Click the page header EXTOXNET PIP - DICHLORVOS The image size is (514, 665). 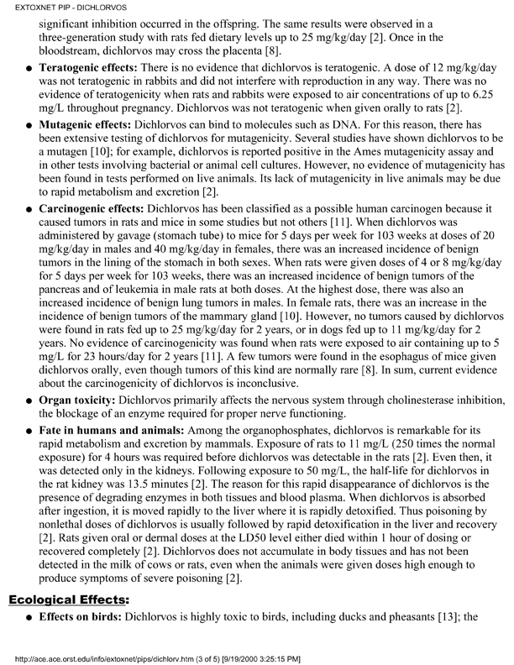tap(52, 7)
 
